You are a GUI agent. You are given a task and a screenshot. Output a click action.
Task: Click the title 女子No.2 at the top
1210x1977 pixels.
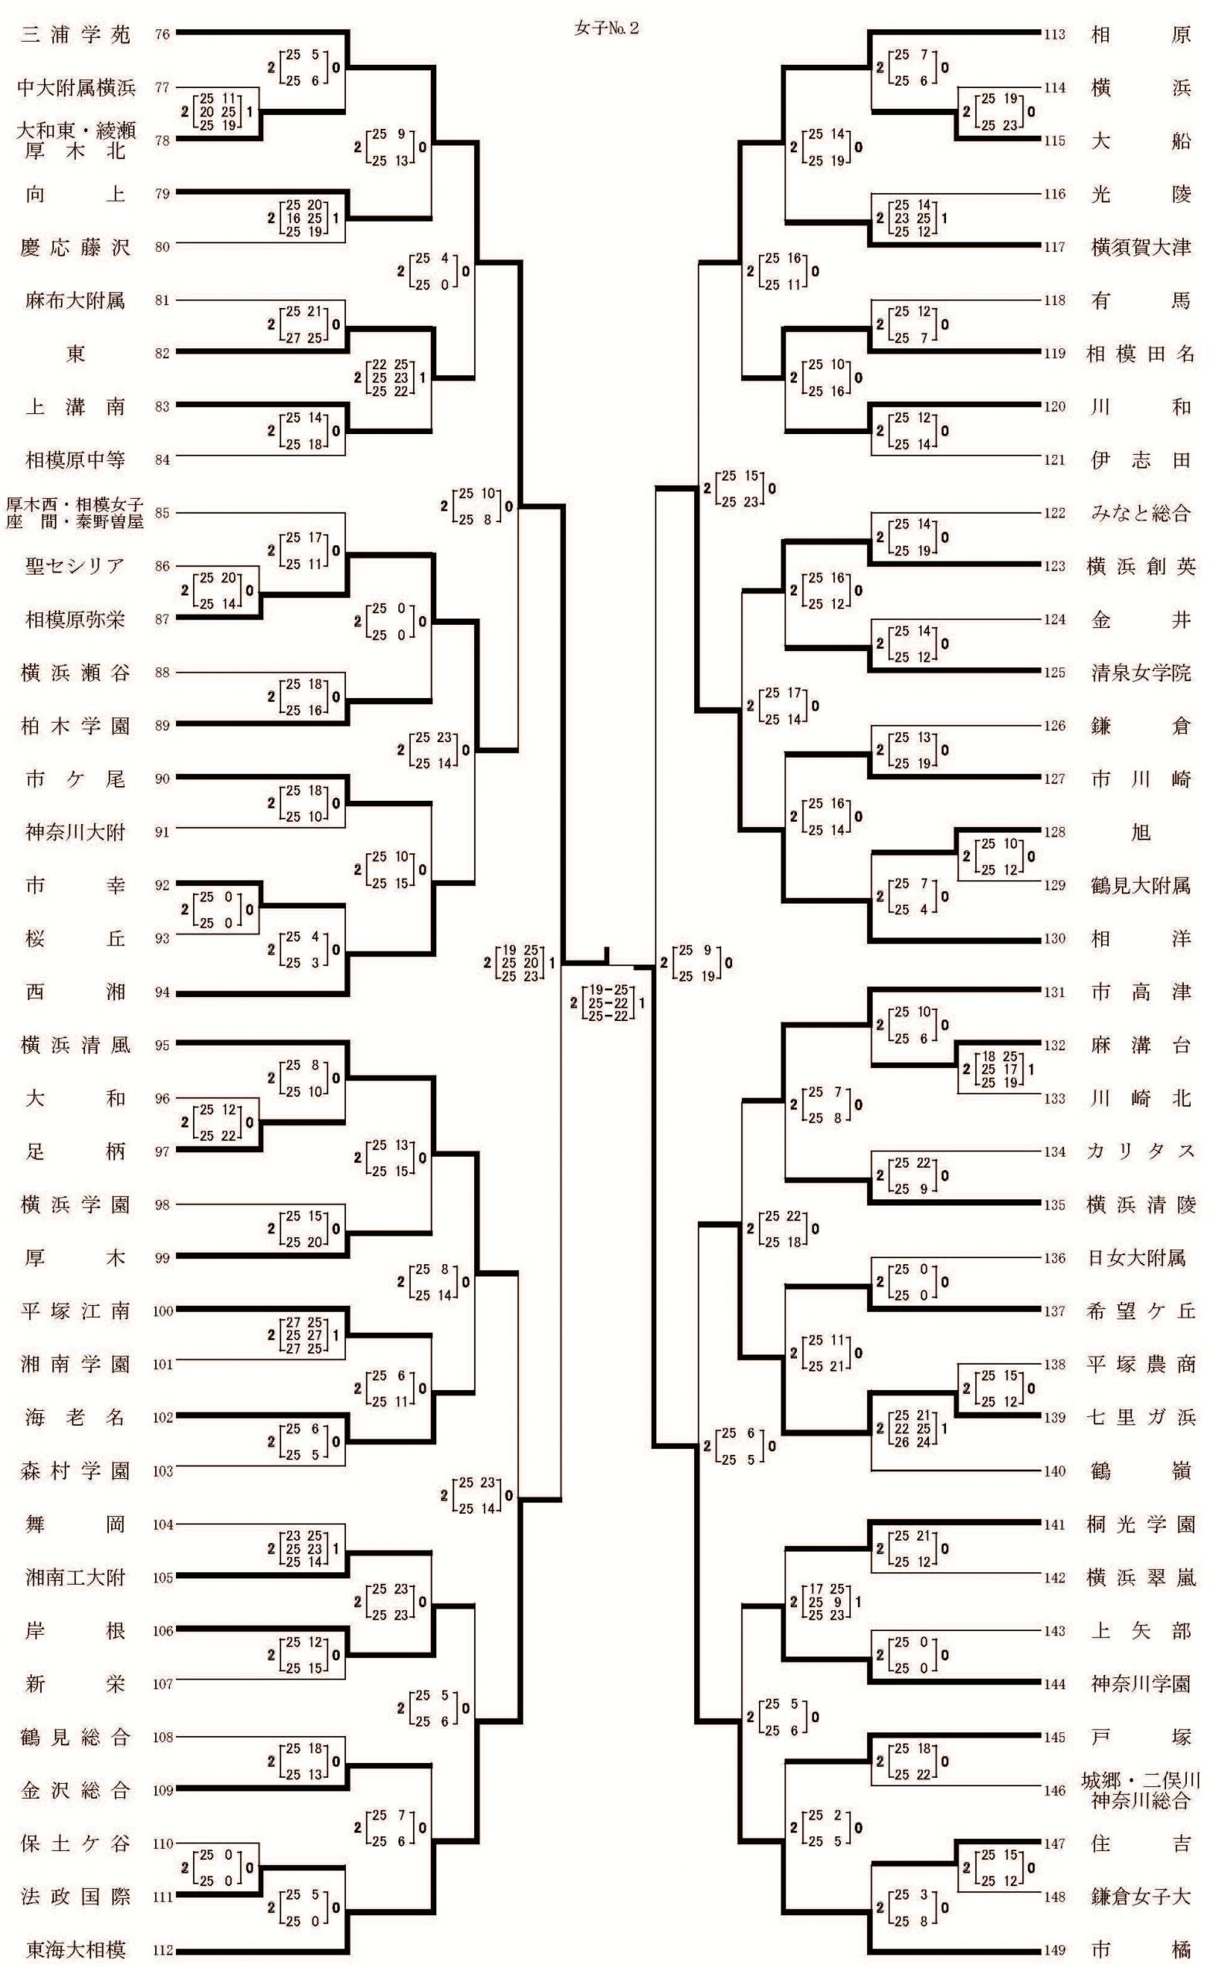pos(607,29)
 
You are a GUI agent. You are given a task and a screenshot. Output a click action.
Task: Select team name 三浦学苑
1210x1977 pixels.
pos(76,35)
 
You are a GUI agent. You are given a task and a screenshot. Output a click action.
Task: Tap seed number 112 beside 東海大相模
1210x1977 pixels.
pos(163,1950)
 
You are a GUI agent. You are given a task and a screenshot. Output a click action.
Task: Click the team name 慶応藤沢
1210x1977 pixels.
pos(76,247)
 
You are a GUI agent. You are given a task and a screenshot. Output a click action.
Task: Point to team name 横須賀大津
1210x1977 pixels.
pos(1141,247)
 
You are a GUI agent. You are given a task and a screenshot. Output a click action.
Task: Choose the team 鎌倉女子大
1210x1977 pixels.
pos(1141,1896)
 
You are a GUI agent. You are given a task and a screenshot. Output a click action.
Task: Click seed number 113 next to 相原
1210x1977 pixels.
pos(1054,35)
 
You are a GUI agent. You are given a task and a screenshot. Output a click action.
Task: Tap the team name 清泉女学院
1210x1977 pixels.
pos(1141,673)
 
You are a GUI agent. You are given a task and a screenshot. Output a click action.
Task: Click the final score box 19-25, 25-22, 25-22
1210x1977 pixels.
pos(608,1003)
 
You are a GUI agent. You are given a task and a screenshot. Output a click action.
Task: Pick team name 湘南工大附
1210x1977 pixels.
pos(76,1578)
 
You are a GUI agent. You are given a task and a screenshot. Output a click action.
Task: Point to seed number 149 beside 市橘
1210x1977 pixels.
pos(1054,1949)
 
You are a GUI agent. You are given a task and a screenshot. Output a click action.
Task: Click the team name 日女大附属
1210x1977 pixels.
pos(1136,1258)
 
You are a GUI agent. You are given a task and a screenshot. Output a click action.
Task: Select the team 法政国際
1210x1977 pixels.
pos(76,1896)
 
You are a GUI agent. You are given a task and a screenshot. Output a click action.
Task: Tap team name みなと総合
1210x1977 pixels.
pos(1141,514)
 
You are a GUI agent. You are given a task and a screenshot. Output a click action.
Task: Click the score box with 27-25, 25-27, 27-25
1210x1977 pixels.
pos(304,1335)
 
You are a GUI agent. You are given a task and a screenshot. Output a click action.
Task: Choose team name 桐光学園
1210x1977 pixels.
pos(1141,1524)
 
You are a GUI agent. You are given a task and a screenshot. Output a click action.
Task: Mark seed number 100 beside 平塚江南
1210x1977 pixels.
pos(163,1311)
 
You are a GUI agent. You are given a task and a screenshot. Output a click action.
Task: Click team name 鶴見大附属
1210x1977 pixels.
pos(1141,886)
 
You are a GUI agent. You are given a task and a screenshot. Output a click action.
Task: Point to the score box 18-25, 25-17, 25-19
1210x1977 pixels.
pos(999,1070)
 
